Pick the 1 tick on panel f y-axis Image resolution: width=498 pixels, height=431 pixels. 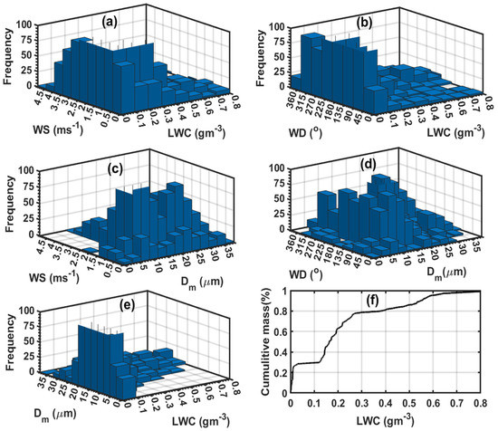[283, 292]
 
